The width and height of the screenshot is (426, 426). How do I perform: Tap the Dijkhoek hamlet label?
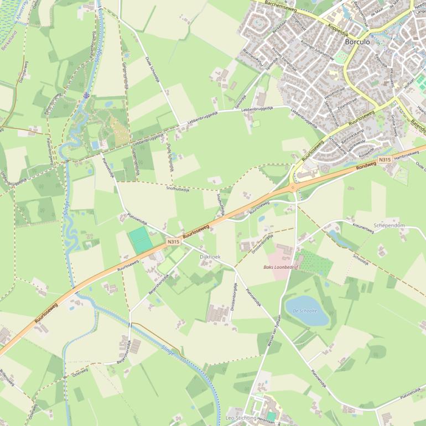pyautogui.click(x=210, y=257)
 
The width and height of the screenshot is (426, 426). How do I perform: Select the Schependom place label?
pyautogui.click(x=389, y=226)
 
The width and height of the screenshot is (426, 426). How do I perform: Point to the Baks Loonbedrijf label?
pyautogui.click(x=280, y=267)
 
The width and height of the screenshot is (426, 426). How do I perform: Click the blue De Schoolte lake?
pyautogui.click(x=306, y=311)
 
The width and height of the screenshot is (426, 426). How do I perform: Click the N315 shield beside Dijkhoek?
pyautogui.click(x=173, y=242)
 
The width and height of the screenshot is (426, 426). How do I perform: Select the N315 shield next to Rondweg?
pyautogui.click(x=385, y=160)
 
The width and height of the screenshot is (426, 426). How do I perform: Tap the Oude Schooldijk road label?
pyautogui.click(x=153, y=69)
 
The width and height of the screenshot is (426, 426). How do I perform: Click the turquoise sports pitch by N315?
pyautogui.click(x=141, y=241)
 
